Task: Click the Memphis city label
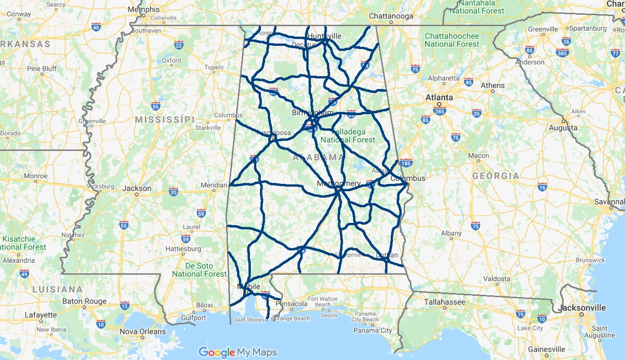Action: [x=144, y=9]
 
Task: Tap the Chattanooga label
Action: [x=391, y=16]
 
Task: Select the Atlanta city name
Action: [x=439, y=97]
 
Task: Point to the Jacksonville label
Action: [x=582, y=308]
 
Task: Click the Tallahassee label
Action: [x=444, y=301]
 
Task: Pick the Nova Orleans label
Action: [x=143, y=331]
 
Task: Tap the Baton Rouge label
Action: [x=84, y=301]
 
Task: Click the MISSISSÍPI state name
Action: [x=165, y=120]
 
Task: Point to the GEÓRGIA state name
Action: [x=496, y=176]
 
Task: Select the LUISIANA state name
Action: [x=57, y=289]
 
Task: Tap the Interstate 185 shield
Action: [x=406, y=163]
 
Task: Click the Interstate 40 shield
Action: [x=95, y=27]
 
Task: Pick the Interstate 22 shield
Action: [x=179, y=45]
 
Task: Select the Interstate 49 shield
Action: [x=24, y=274]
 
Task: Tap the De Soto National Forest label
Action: [x=199, y=270]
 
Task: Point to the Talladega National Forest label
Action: [x=347, y=136]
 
